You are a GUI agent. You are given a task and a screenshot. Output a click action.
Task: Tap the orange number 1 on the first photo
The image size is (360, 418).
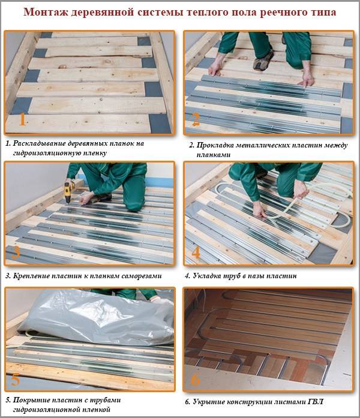pos(22,119)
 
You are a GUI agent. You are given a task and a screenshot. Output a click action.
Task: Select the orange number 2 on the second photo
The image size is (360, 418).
pos(196,119)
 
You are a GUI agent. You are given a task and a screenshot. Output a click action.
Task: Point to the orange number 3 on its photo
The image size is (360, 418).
pos(16,251)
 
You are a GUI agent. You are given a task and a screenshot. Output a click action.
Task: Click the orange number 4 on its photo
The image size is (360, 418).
pos(196,252)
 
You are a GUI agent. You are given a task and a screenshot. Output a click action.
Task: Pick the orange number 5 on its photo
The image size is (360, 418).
pos(16,380)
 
